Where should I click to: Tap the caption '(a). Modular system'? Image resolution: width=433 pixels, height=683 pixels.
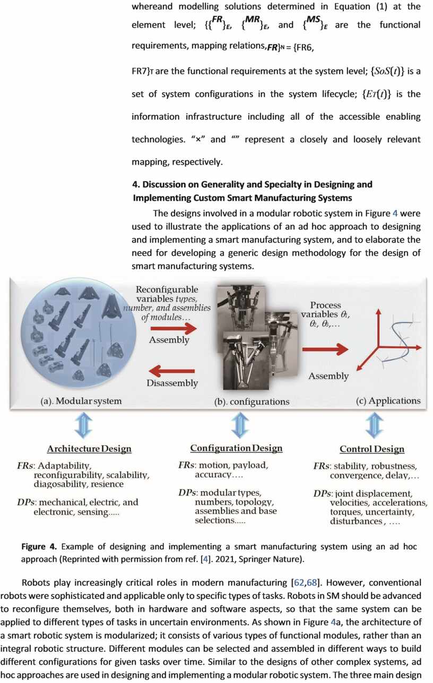(81, 401)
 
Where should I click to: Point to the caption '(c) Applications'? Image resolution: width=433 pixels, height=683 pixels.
(388, 400)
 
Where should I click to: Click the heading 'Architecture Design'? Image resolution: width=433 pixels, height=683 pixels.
(89, 449)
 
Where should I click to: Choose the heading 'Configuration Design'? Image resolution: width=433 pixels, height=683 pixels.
(236, 448)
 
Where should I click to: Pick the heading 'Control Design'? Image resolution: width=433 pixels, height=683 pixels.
(372, 449)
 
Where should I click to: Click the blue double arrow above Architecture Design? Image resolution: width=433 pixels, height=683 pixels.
(84, 425)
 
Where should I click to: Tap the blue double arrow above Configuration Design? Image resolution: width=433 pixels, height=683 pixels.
(240, 425)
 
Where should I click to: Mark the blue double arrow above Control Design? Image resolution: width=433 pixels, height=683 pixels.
(375, 425)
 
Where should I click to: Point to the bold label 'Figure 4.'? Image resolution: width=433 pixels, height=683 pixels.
(40, 547)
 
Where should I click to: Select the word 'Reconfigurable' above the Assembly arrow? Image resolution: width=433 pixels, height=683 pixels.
(167, 290)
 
